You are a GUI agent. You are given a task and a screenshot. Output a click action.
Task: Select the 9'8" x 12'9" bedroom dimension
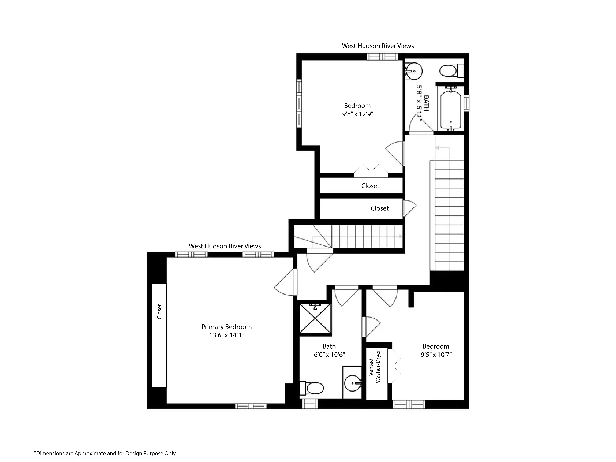(358, 114)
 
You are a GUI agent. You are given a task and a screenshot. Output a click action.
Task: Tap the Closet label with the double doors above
(370, 186)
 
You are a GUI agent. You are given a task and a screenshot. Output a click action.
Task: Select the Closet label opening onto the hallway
(379, 208)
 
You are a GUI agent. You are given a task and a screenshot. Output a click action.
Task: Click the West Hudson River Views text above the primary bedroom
(225, 246)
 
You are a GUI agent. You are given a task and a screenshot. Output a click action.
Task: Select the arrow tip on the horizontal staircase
(400, 236)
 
